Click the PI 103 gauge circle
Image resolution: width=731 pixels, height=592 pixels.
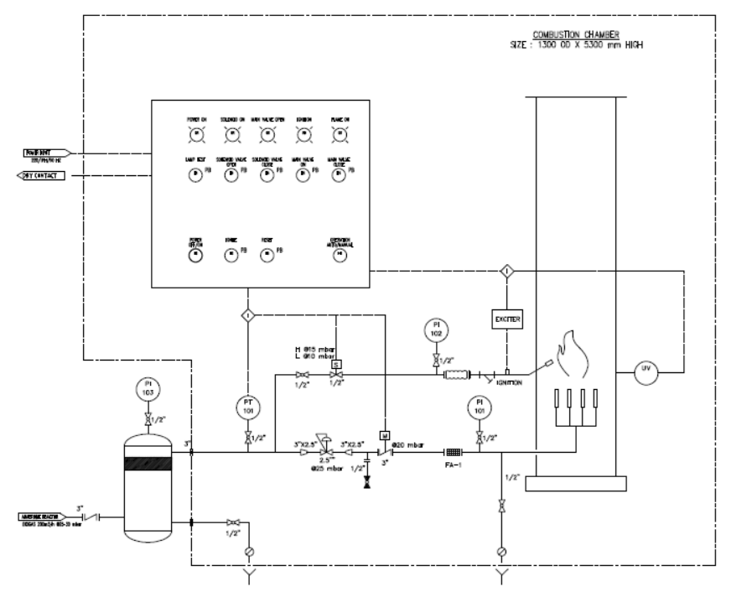tap(148, 389)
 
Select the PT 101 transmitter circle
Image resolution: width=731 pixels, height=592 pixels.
tap(248, 408)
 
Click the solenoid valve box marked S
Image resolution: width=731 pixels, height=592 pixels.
tap(336, 363)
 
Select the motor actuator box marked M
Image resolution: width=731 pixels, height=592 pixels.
tap(382, 434)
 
